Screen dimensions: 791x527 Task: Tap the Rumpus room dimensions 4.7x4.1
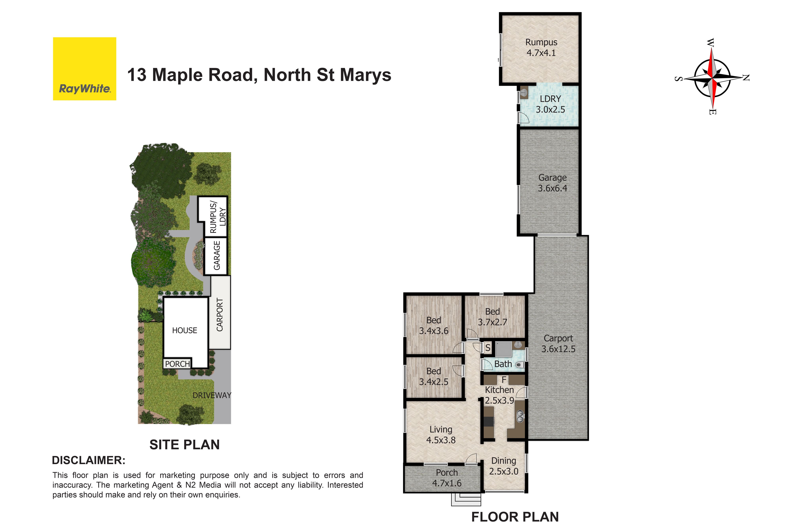pos(541,53)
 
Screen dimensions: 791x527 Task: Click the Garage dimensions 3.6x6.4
pos(552,188)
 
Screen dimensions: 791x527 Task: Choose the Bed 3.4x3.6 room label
pos(433,326)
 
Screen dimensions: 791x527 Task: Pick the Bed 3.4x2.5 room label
pos(433,376)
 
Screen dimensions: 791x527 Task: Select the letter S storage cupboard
pos(488,348)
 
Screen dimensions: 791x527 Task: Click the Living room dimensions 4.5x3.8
pos(441,440)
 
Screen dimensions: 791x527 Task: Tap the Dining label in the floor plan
pos(503,461)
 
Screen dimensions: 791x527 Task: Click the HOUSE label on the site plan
pos(185,330)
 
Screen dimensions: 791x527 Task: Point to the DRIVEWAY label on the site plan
pos(212,395)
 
